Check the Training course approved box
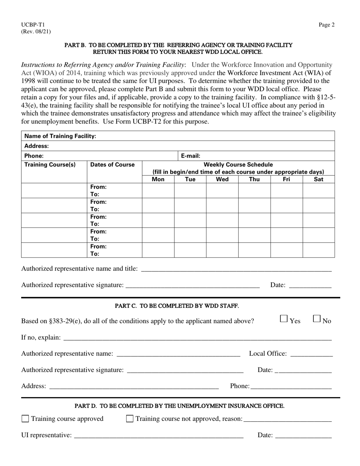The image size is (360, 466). (x=25, y=419)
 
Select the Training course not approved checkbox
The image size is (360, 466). (x=130, y=419)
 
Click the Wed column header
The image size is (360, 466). (x=222, y=180)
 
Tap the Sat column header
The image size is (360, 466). (x=319, y=180)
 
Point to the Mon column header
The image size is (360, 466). (x=158, y=180)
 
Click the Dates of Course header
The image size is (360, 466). (x=112, y=165)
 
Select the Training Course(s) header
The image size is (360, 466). (x=50, y=165)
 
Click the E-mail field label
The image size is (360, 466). (x=191, y=156)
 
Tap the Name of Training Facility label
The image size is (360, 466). (x=60, y=136)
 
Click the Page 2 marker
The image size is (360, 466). (x=326, y=25)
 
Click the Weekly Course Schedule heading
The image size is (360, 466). (x=238, y=165)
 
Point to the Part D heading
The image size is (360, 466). (x=180, y=406)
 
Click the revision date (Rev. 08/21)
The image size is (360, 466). (x=36, y=32)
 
